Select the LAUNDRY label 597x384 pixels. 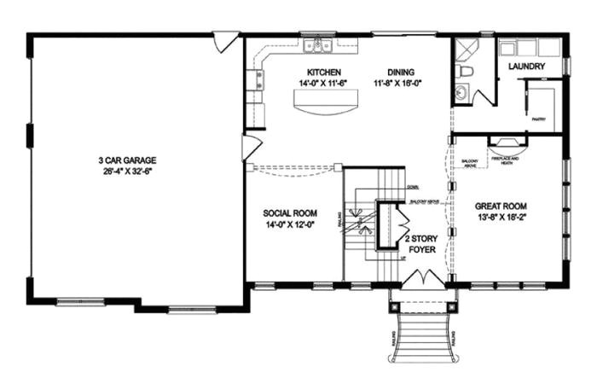coord(526,66)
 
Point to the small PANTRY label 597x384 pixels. coord(539,120)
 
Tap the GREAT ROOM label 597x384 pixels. coord(502,206)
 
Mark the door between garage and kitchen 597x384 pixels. coord(250,147)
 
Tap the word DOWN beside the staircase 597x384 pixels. coord(412,186)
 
